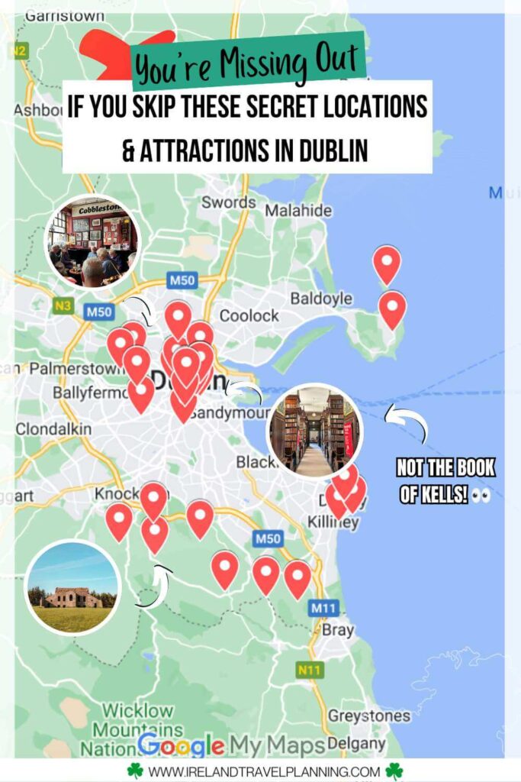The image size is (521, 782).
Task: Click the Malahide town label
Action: pos(298,210)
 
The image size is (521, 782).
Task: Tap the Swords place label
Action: pos(228,202)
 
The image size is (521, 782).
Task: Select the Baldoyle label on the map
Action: pos(323,298)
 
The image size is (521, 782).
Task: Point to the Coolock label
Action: pos(249,315)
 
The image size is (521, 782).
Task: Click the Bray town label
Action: pos(339,631)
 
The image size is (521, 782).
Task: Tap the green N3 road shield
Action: pos(64,306)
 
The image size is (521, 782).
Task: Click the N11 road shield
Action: pos(310,670)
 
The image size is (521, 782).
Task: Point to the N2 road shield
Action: pos(19,52)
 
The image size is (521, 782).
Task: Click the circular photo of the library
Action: pos(314,431)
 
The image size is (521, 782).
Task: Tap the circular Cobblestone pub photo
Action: pos(92,241)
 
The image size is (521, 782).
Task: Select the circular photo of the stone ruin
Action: pos(72,587)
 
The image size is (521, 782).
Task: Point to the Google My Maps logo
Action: pos(231,745)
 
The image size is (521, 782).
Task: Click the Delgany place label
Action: pos(358,742)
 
